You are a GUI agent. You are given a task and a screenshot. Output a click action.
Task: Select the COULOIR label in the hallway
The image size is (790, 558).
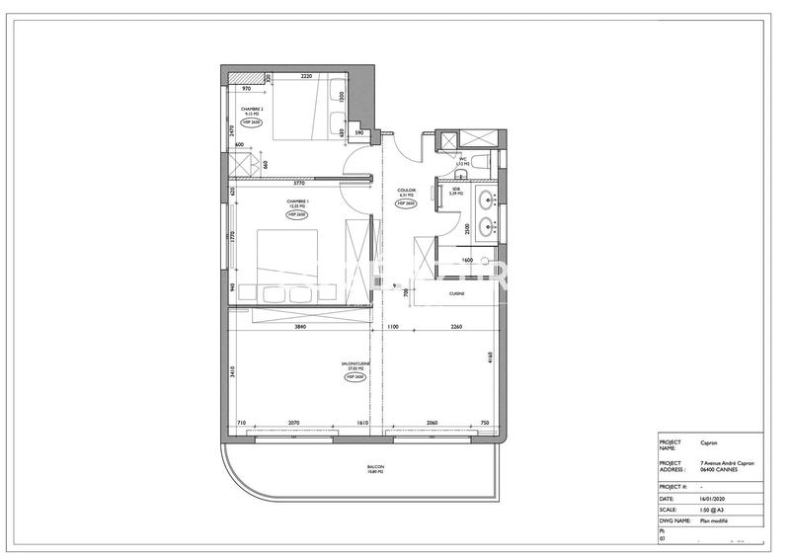tap(407, 190)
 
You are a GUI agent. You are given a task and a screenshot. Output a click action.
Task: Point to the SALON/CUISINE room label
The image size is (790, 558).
tap(353, 364)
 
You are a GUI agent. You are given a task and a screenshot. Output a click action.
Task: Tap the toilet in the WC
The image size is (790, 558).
tap(475, 160)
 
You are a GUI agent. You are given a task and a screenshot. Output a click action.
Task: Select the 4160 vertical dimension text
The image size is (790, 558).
tap(490, 359)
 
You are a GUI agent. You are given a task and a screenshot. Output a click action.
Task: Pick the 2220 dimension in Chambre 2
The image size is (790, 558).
tap(306, 77)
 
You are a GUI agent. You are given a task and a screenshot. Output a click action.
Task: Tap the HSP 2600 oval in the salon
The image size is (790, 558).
tap(354, 377)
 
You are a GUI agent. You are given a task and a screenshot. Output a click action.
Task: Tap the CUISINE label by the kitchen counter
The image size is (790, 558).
tap(457, 294)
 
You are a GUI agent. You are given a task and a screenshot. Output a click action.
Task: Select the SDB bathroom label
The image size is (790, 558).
tap(456, 190)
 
